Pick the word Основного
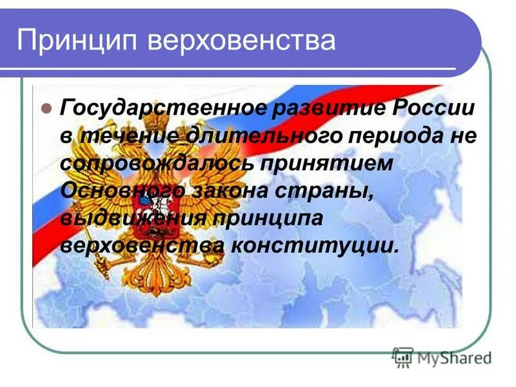(x=123, y=191)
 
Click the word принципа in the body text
(x=271, y=219)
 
